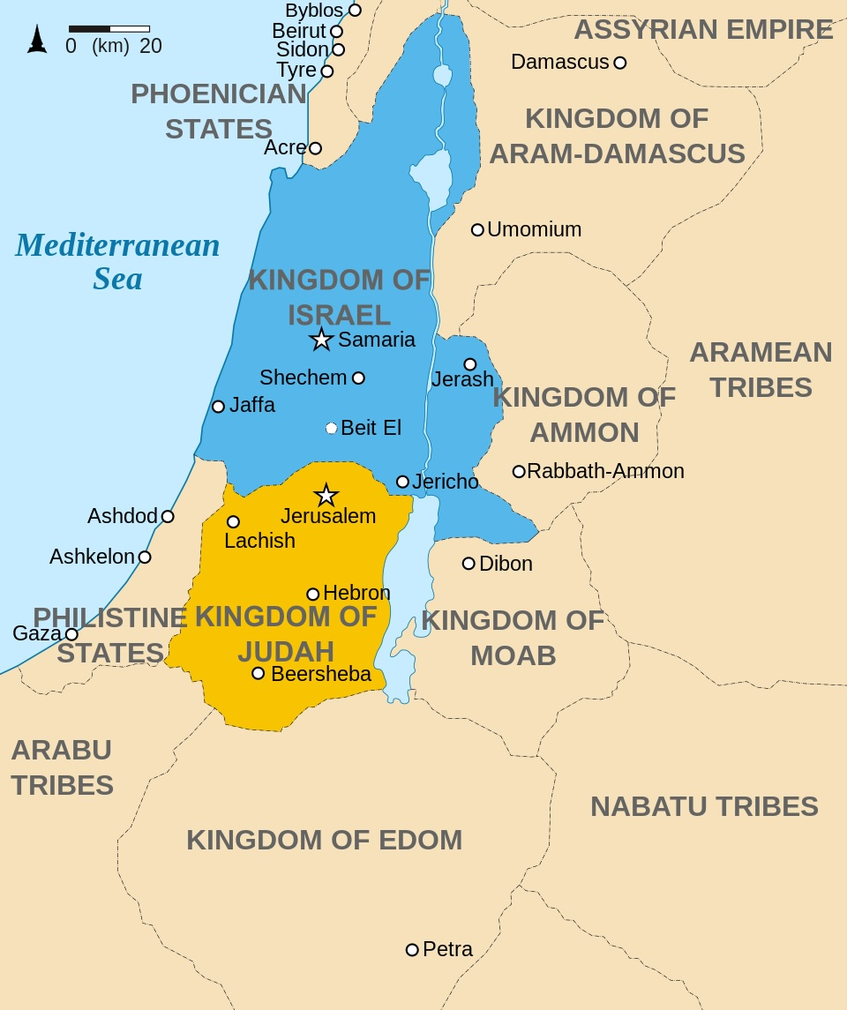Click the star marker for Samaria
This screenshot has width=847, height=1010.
click(321, 340)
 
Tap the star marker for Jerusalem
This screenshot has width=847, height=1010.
click(326, 495)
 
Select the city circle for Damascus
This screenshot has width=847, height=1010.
click(620, 63)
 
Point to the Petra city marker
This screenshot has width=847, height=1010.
click(412, 950)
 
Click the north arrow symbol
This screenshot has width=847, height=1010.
click(37, 39)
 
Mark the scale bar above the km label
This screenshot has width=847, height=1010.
click(109, 29)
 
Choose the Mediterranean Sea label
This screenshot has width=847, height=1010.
click(117, 261)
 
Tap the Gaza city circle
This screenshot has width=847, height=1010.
click(71, 634)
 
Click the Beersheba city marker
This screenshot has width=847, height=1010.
click(258, 673)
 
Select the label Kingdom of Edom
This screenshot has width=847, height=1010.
click(324, 840)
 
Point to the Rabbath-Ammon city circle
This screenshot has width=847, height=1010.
click(519, 472)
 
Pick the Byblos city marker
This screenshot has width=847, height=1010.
click(355, 11)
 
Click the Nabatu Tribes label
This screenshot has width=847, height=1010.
click(704, 806)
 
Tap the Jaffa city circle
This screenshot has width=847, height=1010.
click(218, 407)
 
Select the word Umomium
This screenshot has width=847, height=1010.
click(534, 229)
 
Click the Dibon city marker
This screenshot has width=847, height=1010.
click(468, 564)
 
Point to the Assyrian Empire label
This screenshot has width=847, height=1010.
click(703, 29)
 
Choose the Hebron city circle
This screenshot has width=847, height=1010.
click(312, 594)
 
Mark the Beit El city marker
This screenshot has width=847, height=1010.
click(332, 428)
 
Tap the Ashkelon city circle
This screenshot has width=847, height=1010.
click(145, 557)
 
